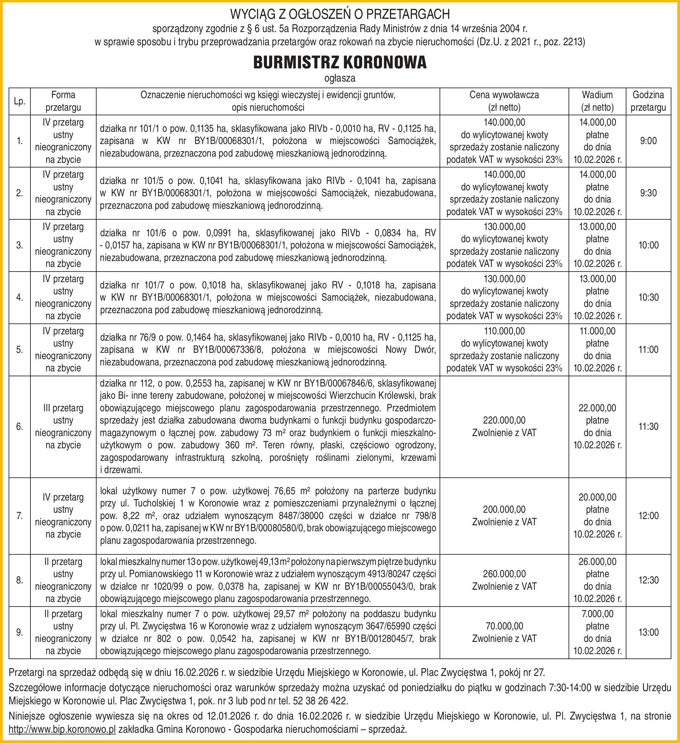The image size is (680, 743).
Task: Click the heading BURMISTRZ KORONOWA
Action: tap(339, 63)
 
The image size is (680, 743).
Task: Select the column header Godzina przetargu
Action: tap(648, 101)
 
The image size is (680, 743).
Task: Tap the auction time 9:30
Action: tap(648, 193)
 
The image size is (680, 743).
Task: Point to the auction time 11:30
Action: tap(648, 427)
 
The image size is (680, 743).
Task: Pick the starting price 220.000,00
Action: tap(504, 420)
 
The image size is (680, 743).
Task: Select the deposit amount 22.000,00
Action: tap(597, 408)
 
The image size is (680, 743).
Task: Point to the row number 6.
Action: tap(20, 427)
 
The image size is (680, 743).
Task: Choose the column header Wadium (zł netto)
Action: tap(597, 101)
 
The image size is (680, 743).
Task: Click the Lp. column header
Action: tap(20, 101)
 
